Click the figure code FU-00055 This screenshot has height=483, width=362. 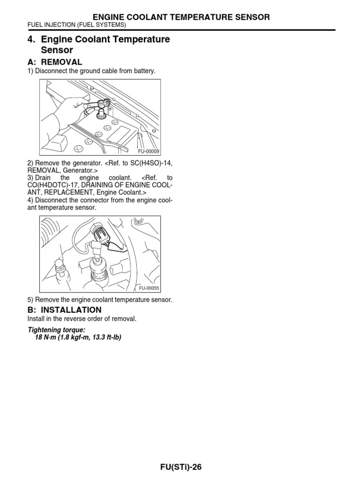tap(148, 288)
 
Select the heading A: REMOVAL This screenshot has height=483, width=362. tap(55, 62)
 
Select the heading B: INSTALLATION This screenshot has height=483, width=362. tap(65, 310)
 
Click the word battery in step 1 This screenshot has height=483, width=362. tap(144, 71)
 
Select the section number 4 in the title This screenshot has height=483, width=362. tap(31, 40)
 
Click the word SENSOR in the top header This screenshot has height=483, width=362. tap(250, 17)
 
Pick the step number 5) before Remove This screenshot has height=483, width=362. tap(31, 300)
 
